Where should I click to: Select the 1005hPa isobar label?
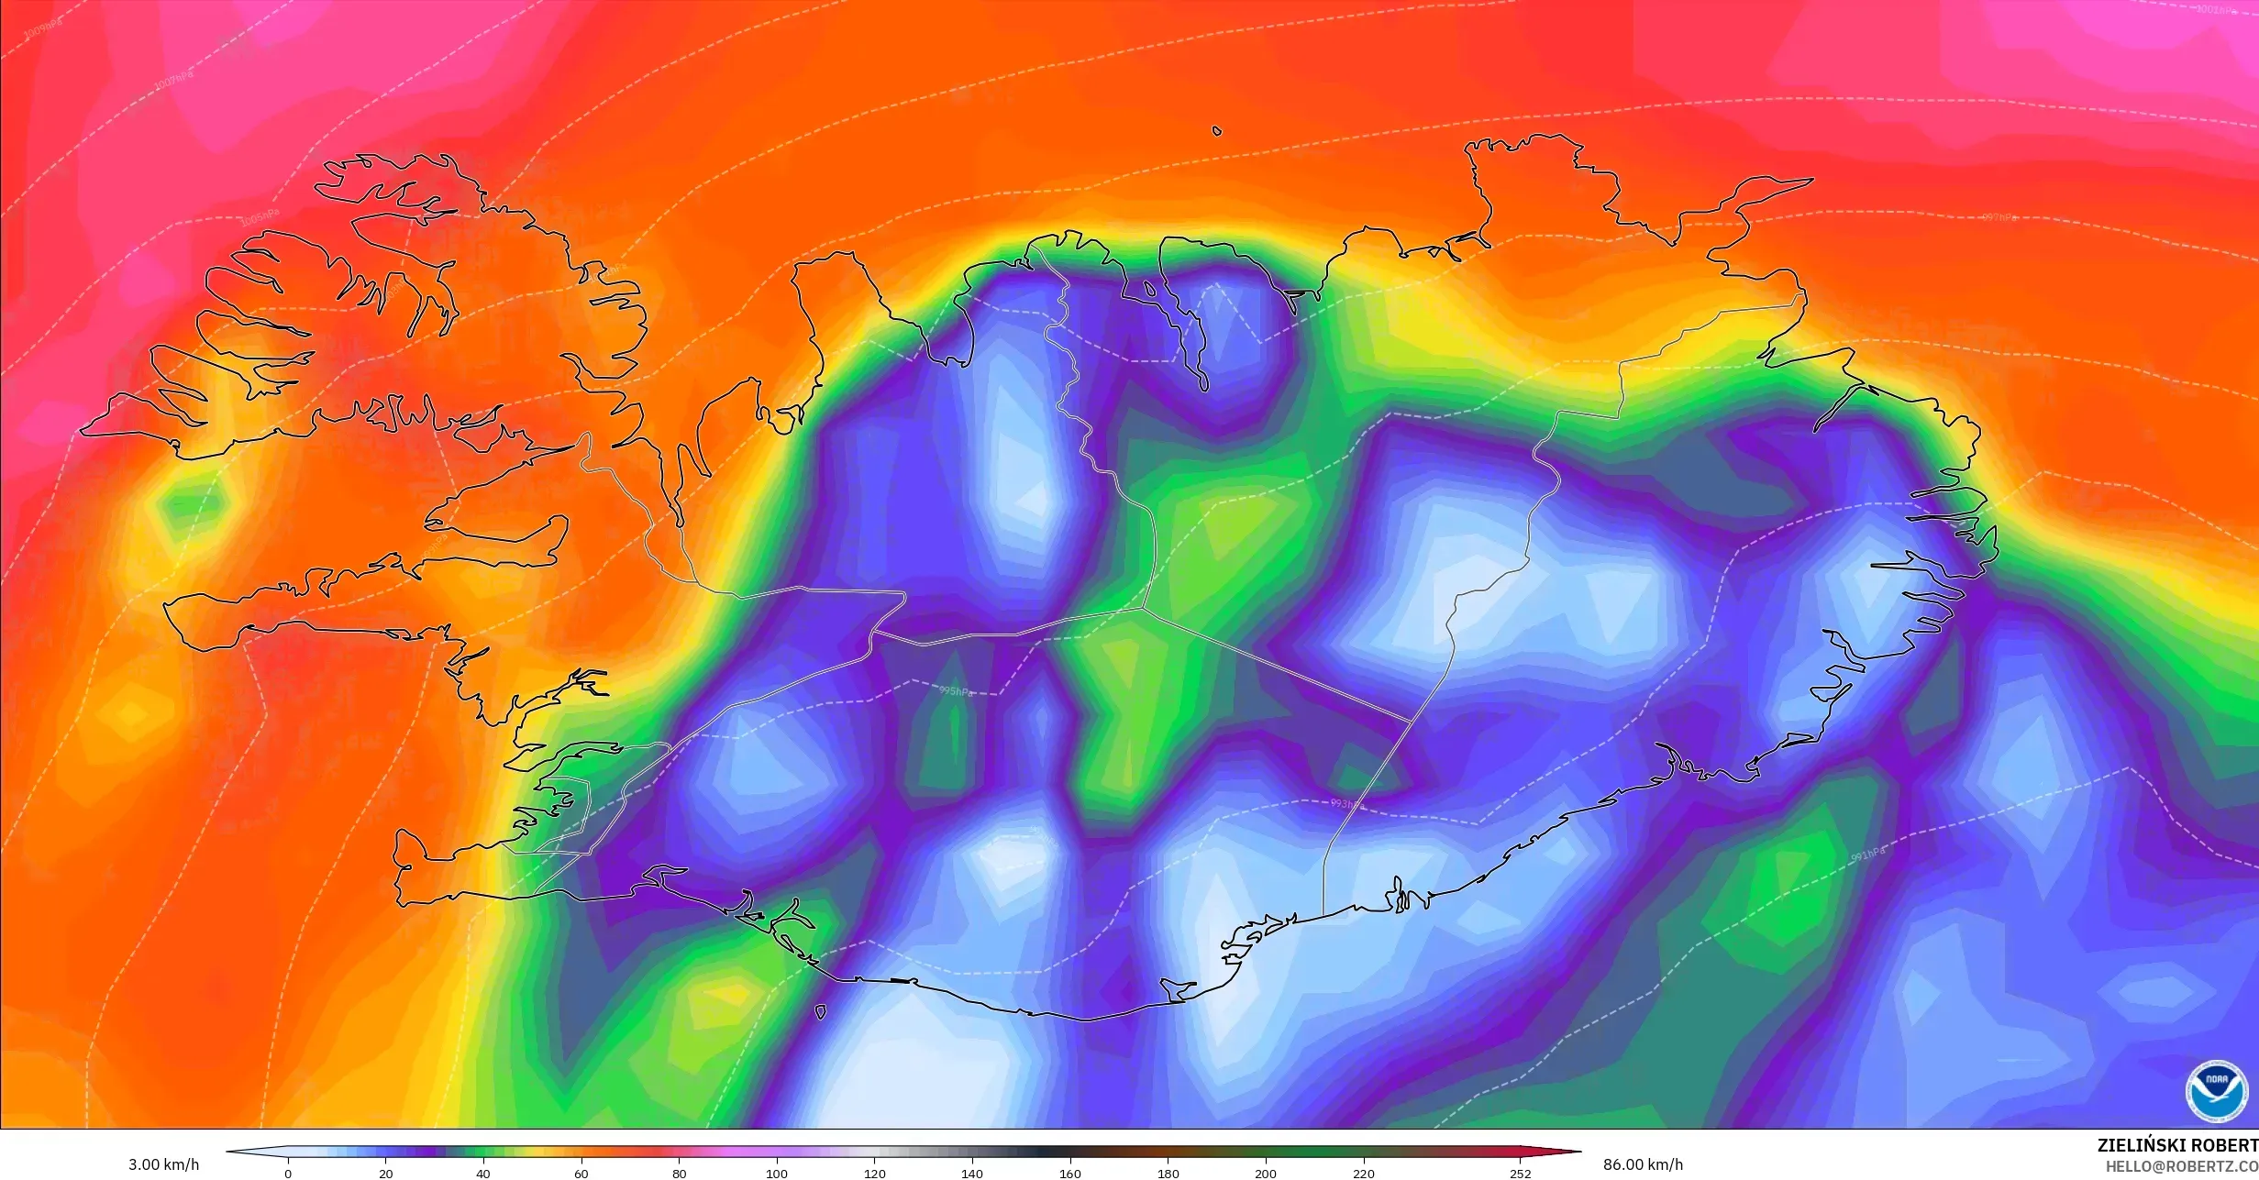point(258,217)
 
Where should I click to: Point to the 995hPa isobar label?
point(955,691)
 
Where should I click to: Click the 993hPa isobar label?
point(1347,804)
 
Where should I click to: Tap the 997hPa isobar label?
point(1999,217)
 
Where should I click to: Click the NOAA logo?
point(2216,1091)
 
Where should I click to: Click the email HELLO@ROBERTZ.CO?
point(2181,1166)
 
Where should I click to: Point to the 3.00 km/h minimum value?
point(163,1164)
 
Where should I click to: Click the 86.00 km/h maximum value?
point(1643,1164)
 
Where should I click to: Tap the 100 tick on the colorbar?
point(777,1174)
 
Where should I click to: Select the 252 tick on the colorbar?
point(1520,1174)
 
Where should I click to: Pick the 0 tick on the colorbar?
point(288,1174)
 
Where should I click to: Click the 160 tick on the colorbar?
point(1069,1174)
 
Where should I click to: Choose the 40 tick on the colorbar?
point(483,1174)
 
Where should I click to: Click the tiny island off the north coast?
point(1217,131)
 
